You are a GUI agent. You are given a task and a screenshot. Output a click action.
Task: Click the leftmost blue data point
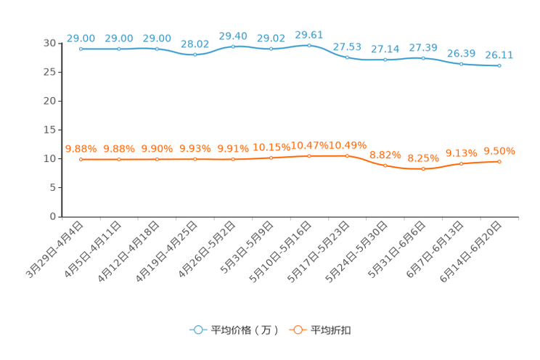81,49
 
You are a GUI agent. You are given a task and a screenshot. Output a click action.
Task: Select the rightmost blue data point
499,66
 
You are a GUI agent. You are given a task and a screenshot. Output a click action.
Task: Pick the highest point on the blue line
309,45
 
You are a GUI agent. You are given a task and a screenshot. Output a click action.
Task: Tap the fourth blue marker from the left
195,54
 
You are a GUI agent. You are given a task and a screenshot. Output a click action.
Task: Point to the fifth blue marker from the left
233,46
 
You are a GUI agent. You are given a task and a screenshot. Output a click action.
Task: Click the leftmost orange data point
81,160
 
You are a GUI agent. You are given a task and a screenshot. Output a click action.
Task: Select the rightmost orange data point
499,161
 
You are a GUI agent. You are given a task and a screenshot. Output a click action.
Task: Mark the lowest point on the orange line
423,168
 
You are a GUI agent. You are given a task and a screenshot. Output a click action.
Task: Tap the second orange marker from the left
119,160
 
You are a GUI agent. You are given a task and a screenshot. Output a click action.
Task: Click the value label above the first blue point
81,38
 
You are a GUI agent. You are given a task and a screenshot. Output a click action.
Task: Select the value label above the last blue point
499,54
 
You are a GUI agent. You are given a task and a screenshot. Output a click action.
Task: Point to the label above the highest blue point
309,34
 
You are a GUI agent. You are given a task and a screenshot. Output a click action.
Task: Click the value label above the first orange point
81,149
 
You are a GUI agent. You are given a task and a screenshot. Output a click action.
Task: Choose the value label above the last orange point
499,151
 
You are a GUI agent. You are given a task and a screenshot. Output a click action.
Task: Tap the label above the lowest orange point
423,157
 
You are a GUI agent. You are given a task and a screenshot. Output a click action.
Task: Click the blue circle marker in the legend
197,330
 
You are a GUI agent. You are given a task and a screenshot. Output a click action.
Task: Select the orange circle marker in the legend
297,330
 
